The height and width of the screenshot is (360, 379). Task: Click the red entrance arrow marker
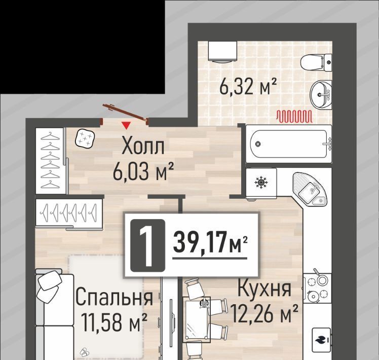(x=126, y=125)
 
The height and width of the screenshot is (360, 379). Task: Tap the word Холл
(x=143, y=146)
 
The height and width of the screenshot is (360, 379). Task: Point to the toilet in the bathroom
(x=316, y=62)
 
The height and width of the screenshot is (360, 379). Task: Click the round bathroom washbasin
(x=321, y=95)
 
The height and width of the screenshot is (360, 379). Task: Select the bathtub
(x=289, y=144)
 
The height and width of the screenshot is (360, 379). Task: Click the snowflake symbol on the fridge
(x=261, y=182)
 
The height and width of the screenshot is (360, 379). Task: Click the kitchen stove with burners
(x=317, y=288)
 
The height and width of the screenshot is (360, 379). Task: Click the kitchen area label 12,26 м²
(x=264, y=314)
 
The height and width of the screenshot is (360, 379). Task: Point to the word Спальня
(x=115, y=297)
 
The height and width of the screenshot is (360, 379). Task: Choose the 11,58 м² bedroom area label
(x=115, y=322)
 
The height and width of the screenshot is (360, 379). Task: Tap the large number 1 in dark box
(x=147, y=245)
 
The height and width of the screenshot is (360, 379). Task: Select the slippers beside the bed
(x=84, y=352)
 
